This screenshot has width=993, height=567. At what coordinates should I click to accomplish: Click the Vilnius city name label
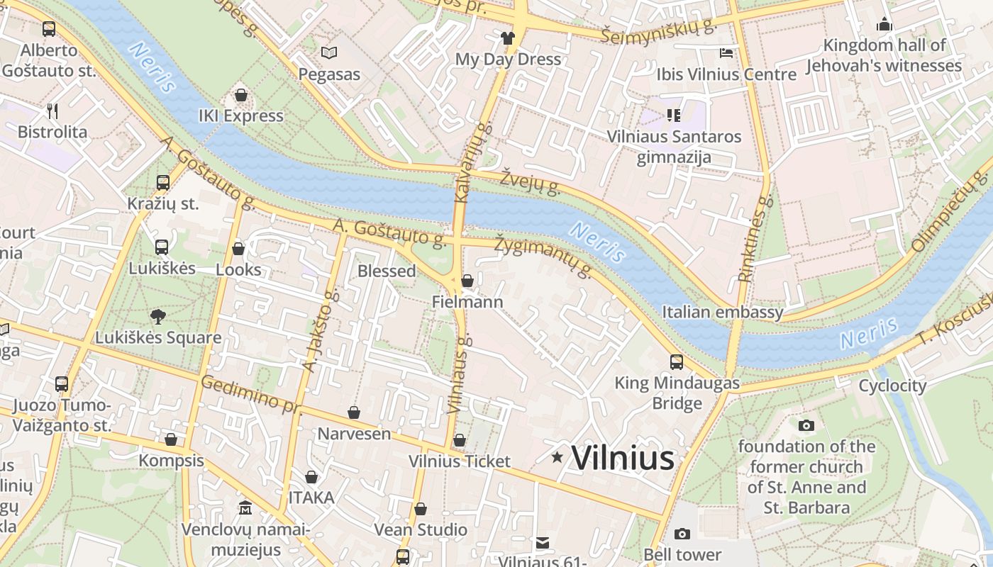click(x=623, y=458)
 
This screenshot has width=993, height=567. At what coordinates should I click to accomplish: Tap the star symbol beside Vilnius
click(x=557, y=458)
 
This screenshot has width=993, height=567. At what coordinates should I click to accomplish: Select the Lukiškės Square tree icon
click(x=158, y=317)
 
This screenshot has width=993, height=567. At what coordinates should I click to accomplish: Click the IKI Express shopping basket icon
click(x=241, y=95)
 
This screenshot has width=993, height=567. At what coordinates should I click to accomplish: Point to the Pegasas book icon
click(x=328, y=52)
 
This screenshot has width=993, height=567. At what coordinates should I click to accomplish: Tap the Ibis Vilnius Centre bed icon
click(x=726, y=53)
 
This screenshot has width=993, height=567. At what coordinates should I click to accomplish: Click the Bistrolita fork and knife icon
click(x=52, y=111)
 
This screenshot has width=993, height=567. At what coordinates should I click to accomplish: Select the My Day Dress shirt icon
click(x=508, y=38)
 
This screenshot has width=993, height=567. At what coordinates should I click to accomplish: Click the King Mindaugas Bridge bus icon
click(x=677, y=362)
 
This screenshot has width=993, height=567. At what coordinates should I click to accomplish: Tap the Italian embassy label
click(x=722, y=312)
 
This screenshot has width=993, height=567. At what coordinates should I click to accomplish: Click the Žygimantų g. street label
click(x=544, y=256)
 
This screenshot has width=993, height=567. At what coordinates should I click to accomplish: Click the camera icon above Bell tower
click(x=682, y=534)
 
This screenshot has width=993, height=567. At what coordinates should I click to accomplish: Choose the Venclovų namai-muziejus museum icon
click(x=245, y=508)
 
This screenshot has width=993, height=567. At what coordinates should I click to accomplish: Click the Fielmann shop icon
click(x=467, y=281)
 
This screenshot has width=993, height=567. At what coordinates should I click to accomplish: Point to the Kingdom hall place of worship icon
click(x=884, y=25)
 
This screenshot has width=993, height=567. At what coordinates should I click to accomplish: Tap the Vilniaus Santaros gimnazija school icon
click(x=673, y=115)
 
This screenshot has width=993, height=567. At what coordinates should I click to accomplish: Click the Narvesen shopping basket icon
click(x=353, y=412)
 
